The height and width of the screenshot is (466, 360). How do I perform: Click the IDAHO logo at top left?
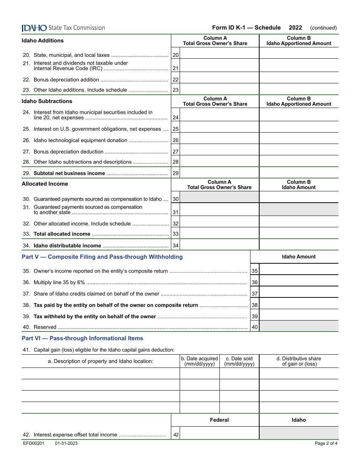coord(34,28)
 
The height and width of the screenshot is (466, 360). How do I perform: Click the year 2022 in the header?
coord(295,28)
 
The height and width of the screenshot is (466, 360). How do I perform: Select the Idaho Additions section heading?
coord(42,41)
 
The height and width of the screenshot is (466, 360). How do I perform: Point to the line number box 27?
coord(175,152)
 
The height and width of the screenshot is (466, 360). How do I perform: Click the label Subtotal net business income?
coord(69,174)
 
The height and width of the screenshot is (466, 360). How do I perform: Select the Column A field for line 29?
coord(219,173)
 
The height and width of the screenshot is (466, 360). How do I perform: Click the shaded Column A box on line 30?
coord(219,197)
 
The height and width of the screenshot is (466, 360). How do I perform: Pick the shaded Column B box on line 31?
coord(299,210)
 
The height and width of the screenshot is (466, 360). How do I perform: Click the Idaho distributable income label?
coord(67,246)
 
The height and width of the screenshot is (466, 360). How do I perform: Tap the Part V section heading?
coord(102,257)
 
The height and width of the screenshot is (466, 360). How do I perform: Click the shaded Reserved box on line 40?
coord(299,326)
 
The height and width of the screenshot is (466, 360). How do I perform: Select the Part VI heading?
coord(82,338)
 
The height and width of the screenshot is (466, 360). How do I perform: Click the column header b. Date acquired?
coord(199,361)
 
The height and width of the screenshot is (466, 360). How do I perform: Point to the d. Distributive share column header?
coord(299,361)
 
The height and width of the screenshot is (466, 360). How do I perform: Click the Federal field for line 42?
coord(219,433)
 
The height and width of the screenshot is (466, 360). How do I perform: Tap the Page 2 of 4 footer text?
coord(326,444)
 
